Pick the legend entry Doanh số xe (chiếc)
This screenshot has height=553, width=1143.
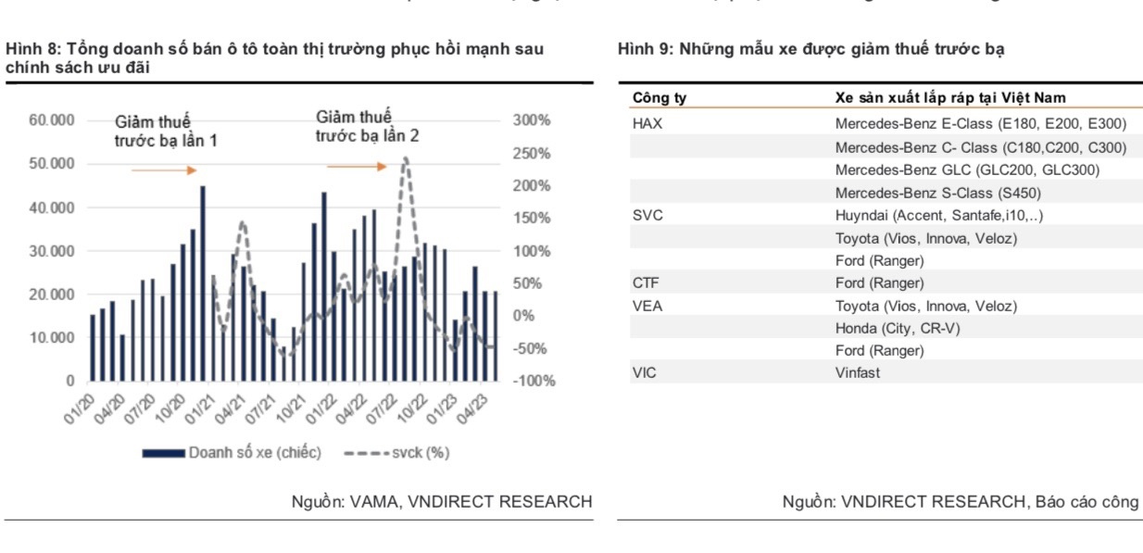tap(232, 453)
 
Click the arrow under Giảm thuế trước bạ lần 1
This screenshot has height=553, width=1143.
tap(164, 170)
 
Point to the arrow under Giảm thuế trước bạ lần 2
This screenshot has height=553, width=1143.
tap(357, 167)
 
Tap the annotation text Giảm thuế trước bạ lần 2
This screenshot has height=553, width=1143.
tap(367, 126)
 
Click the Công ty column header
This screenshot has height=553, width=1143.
tap(659, 97)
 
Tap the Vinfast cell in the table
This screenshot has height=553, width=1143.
tap(858, 372)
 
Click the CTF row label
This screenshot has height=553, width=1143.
tap(646, 283)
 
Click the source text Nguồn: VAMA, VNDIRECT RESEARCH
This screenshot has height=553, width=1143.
tap(441, 502)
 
